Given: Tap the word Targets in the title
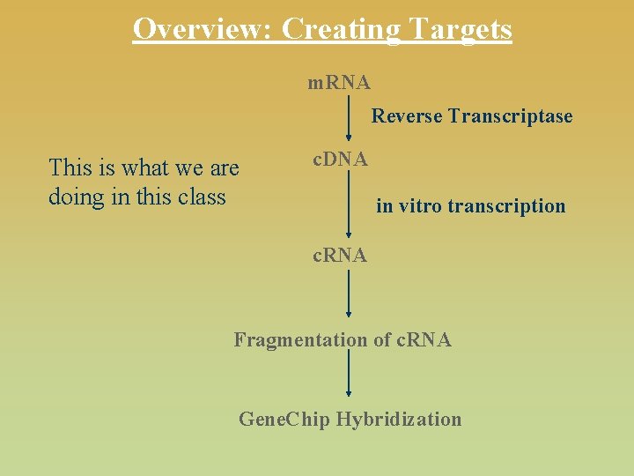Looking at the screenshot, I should pos(458,29).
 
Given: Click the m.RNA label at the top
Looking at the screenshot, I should pos(339,83).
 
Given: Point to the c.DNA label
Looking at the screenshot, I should pos(341,160).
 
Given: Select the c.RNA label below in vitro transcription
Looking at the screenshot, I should pos(341,256).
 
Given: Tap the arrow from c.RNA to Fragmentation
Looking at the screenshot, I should pos(349,294).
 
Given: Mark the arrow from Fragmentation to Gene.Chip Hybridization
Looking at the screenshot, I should pos(349,376).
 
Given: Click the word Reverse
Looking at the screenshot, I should pos(407,116).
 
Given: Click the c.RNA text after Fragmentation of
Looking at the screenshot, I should pos(424,340).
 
